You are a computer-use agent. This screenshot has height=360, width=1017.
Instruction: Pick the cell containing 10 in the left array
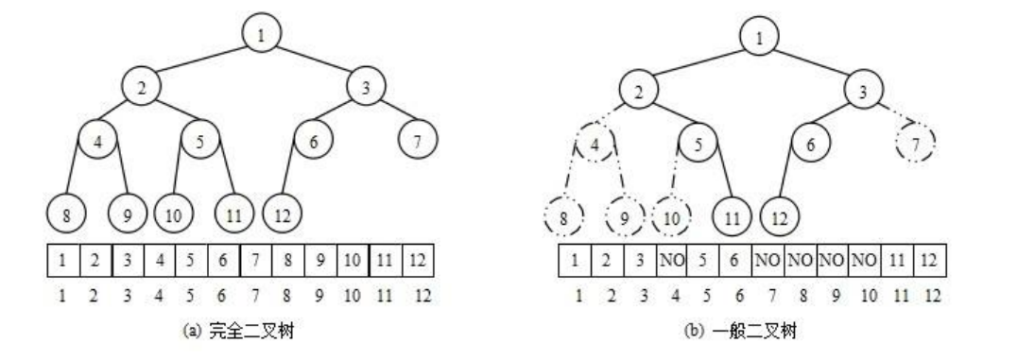[x=353, y=257]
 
